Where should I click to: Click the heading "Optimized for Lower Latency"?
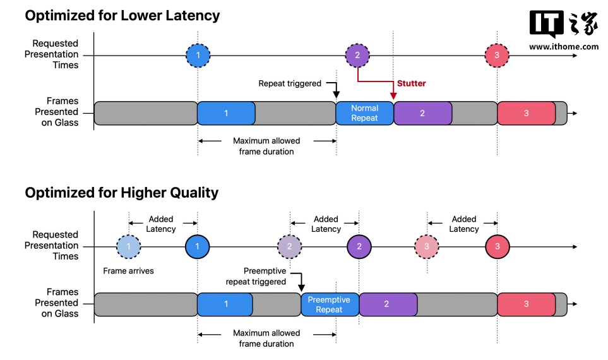(x=122, y=15)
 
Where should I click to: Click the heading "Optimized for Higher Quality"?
(x=122, y=193)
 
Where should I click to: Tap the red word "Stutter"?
(x=411, y=83)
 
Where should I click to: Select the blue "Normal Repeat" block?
(x=364, y=113)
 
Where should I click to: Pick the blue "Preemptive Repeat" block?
(x=330, y=304)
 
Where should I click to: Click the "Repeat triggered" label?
(x=290, y=83)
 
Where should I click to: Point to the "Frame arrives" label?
(x=128, y=271)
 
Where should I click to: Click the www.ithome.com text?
(x=564, y=46)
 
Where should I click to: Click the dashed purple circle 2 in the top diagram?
(x=357, y=56)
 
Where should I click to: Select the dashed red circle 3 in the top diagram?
(x=498, y=56)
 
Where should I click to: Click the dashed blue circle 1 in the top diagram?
(x=198, y=56)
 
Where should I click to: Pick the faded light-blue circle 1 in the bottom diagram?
(x=129, y=246)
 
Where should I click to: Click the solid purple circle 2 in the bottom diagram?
(x=359, y=246)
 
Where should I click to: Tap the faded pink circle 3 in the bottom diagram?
(x=427, y=246)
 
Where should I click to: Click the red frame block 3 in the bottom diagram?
(x=527, y=304)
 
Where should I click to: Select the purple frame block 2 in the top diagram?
(x=422, y=113)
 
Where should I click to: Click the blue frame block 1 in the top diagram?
(x=226, y=113)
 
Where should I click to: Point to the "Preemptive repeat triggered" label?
(x=256, y=276)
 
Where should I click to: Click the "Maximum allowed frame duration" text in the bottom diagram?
(x=266, y=338)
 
